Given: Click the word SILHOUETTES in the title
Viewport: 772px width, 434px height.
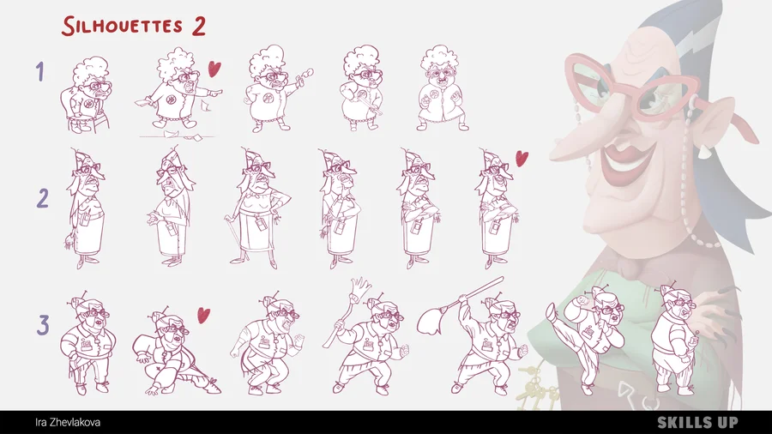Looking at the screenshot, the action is coord(123,26).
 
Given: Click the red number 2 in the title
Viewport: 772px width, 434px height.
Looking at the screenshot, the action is coord(198,27).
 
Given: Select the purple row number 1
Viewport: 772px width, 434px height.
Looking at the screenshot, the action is coord(39,72).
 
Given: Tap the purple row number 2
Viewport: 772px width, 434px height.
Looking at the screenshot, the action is coord(43,199).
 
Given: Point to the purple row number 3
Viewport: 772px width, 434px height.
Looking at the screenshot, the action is coord(44,325).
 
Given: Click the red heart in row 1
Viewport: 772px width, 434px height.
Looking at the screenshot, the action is coord(214,69).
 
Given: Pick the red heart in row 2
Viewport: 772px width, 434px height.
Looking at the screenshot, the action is coord(522,158).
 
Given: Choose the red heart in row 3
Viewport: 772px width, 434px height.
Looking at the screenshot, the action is coord(203,315).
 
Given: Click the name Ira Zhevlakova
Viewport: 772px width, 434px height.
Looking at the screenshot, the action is coord(68,423).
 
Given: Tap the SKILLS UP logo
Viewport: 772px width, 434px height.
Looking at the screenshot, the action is coord(697,422).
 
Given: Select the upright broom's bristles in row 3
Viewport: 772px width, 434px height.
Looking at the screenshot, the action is coord(361,286).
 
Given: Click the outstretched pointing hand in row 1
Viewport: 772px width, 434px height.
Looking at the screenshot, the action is coord(214,92).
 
